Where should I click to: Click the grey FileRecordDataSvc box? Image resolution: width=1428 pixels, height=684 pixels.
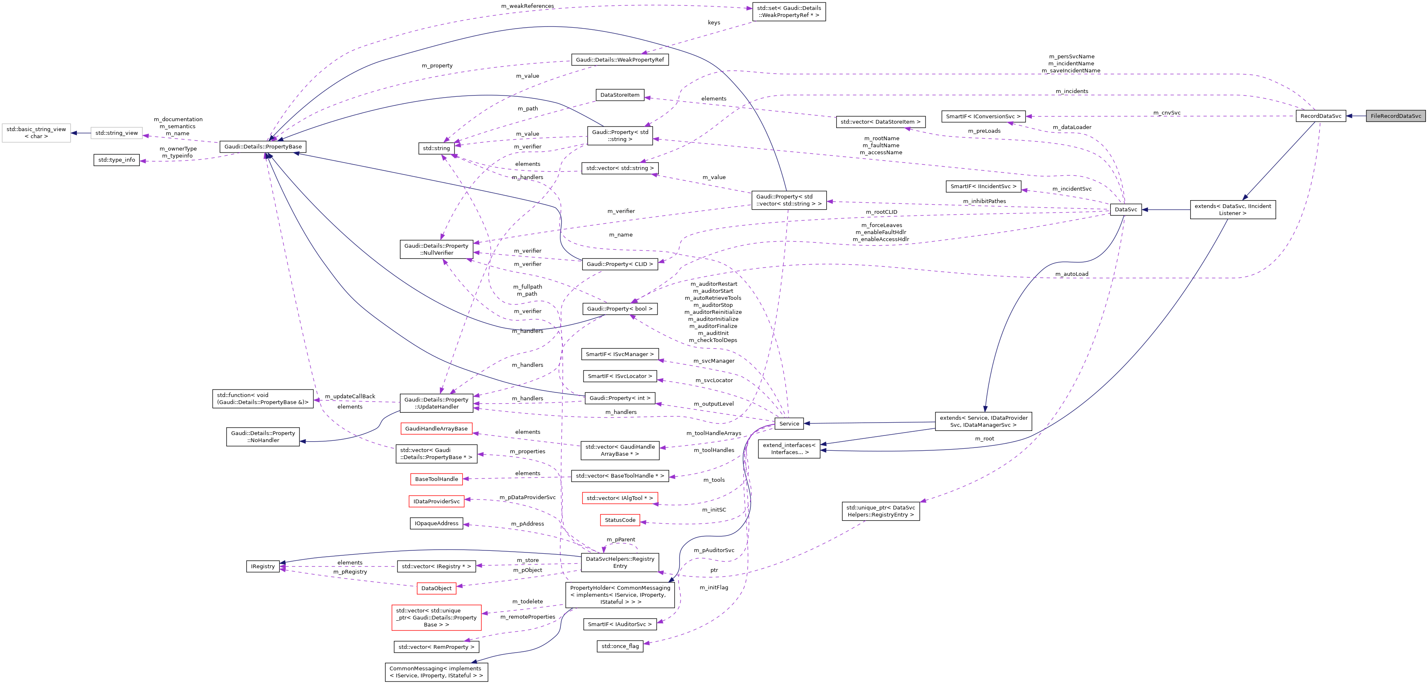click(1395, 116)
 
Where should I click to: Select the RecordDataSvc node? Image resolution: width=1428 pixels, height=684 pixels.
click(1320, 116)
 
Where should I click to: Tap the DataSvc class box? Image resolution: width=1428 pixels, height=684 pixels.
click(1125, 210)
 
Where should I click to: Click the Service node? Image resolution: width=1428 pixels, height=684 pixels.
click(789, 423)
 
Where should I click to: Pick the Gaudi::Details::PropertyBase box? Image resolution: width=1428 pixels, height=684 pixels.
click(263, 147)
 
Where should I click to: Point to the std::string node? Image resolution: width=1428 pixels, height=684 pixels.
click(436, 148)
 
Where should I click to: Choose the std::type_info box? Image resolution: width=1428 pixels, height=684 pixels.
click(116, 160)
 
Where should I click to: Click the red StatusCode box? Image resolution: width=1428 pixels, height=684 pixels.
click(620, 520)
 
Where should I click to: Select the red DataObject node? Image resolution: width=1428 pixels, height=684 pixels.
click(436, 588)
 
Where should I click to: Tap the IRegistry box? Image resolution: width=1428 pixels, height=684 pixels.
click(263, 567)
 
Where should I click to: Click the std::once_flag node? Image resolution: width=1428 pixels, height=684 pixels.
click(620, 646)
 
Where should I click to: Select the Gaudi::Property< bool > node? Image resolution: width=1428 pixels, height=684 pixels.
click(620, 309)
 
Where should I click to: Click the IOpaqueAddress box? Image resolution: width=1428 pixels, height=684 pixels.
click(436, 523)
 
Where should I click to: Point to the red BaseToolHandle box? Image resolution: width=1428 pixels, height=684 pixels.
click(436, 479)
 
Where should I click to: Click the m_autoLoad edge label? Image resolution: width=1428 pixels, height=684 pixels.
click(1072, 274)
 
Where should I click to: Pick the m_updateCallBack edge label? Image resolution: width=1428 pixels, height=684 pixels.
click(350, 396)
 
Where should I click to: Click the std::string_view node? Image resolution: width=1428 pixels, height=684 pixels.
click(116, 133)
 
